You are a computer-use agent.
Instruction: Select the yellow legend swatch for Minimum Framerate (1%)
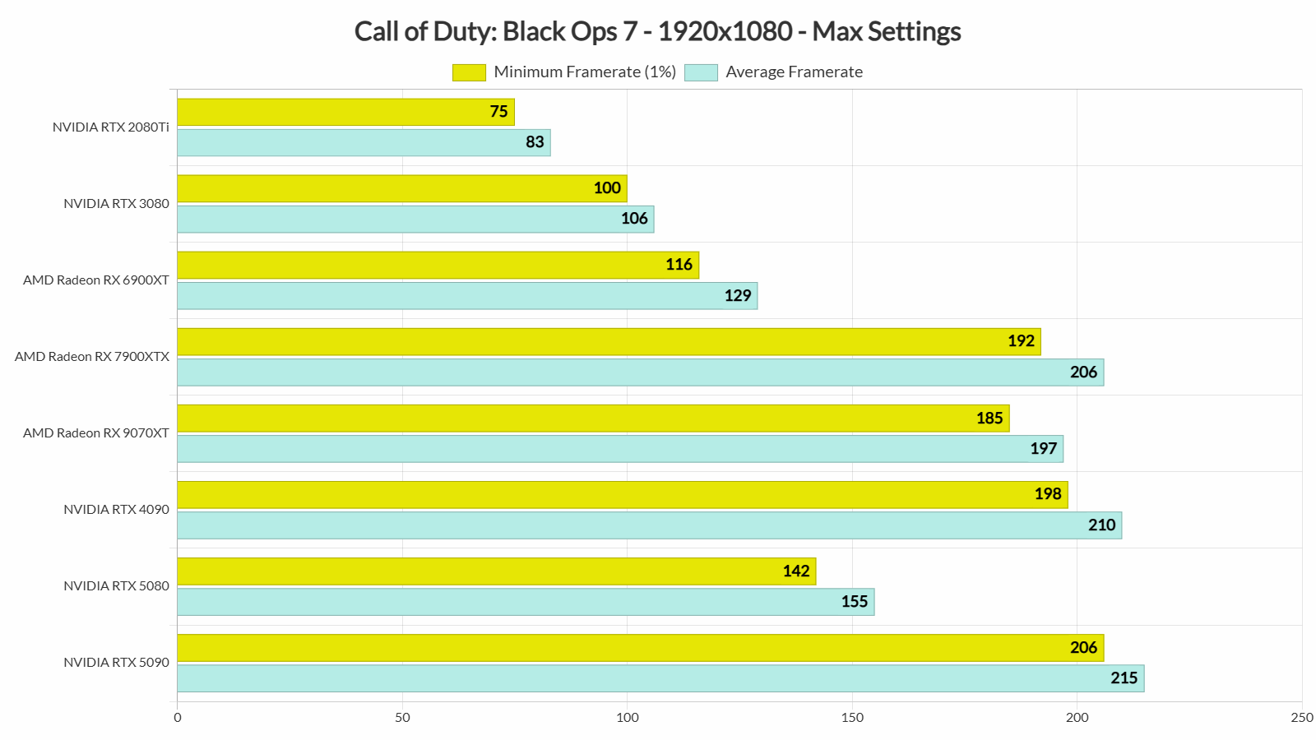click(469, 72)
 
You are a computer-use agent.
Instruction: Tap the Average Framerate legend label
click(794, 72)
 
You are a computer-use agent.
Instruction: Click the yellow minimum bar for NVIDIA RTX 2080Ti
click(345, 112)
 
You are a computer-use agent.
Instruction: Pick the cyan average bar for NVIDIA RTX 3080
click(415, 219)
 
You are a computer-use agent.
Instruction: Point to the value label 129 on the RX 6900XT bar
click(737, 295)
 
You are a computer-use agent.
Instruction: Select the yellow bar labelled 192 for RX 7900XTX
click(609, 341)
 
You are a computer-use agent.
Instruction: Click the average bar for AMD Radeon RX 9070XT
click(620, 449)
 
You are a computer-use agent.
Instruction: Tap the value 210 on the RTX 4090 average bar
click(1101, 525)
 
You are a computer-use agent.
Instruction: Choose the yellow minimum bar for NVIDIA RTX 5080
click(496, 571)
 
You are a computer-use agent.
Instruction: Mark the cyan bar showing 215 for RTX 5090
click(660, 678)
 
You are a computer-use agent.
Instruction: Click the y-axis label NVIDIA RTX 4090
click(116, 510)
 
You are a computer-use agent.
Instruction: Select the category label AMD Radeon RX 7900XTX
click(92, 357)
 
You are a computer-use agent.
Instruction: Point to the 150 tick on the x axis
click(852, 718)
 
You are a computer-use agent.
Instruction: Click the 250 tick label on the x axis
click(1301, 718)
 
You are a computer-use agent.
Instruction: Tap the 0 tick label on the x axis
click(178, 718)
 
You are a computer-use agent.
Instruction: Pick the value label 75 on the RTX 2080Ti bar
click(498, 112)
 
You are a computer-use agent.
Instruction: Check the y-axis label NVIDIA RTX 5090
click(116, 663)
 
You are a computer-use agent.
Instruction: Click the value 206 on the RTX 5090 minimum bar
click(1083, 648)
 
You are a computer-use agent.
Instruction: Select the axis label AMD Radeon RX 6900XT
click(96, 280)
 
